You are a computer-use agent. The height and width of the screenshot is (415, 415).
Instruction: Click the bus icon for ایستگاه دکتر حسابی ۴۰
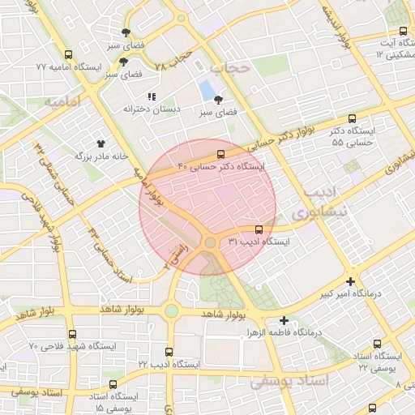[220, 155]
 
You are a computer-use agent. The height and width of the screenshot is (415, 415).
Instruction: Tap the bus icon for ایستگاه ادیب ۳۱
[259, 229]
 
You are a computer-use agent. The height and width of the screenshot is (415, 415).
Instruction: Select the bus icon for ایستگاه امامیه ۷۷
[67, 55]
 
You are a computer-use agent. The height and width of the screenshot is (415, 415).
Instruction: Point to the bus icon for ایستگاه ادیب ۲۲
[169, 352]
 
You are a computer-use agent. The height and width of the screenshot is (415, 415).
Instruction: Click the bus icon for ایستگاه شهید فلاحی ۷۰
[72, 334]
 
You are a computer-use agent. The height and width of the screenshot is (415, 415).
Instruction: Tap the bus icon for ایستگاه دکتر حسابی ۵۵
[351, 118]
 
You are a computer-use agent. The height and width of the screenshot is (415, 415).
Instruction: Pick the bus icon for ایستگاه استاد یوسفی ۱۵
[113, 384]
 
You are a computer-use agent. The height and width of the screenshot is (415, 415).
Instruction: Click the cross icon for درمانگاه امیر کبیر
[350, 280]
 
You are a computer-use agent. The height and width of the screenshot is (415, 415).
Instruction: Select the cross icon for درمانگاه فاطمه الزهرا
[283, 320]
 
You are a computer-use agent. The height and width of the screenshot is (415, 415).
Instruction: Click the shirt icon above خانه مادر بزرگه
[101, 142]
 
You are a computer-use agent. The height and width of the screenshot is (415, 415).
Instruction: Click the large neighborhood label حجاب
[242, 69]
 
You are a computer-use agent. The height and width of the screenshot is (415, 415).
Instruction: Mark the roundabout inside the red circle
[210, 242]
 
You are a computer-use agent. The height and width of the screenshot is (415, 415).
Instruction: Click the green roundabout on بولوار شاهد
[171, 310]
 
